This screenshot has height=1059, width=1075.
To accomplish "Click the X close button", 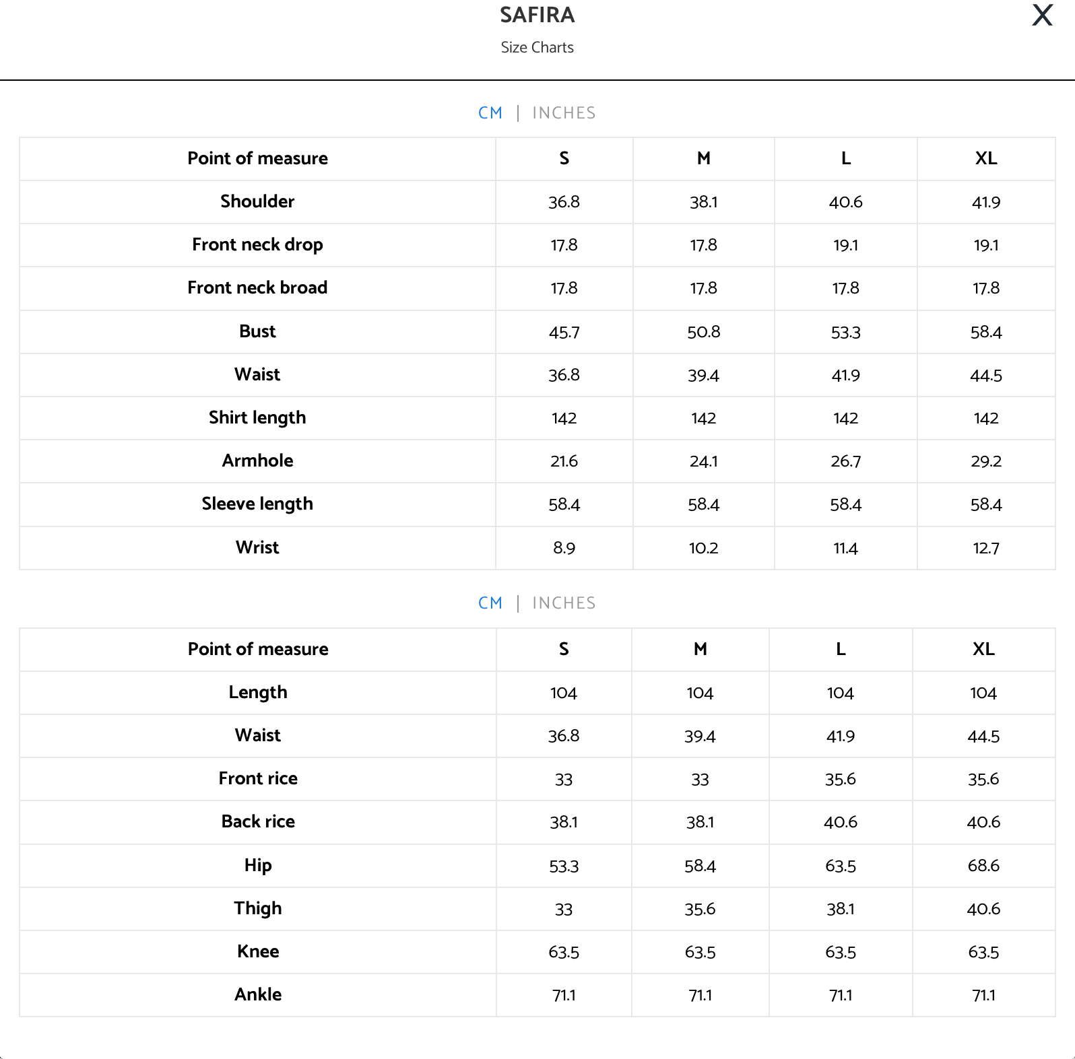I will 1042,15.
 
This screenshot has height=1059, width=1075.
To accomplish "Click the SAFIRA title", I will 537,15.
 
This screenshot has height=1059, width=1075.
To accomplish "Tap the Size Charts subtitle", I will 537,48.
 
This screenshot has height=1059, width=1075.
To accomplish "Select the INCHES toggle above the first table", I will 564,113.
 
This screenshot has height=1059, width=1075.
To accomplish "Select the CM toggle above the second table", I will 490,603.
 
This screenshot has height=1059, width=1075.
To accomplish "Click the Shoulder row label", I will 257,201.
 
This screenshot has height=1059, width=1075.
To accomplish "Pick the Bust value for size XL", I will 985,332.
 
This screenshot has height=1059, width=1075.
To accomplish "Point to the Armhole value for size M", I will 703,461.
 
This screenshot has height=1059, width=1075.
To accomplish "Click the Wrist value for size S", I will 564,548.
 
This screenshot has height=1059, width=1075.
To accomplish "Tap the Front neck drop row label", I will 257,244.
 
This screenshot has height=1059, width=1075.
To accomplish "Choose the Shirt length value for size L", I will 845,418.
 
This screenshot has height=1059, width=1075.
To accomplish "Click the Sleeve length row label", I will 257,504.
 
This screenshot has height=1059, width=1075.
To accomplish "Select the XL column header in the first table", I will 985,159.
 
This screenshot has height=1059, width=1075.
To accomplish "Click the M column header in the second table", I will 700,649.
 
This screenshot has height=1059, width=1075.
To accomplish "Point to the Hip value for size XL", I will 983,866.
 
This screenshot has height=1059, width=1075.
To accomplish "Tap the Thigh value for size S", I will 563,910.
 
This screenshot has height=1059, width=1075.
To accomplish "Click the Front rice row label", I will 258,779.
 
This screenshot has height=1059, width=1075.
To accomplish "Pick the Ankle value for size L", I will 840,995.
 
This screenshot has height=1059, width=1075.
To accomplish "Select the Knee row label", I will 258,952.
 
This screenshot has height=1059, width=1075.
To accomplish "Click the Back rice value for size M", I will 700,822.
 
